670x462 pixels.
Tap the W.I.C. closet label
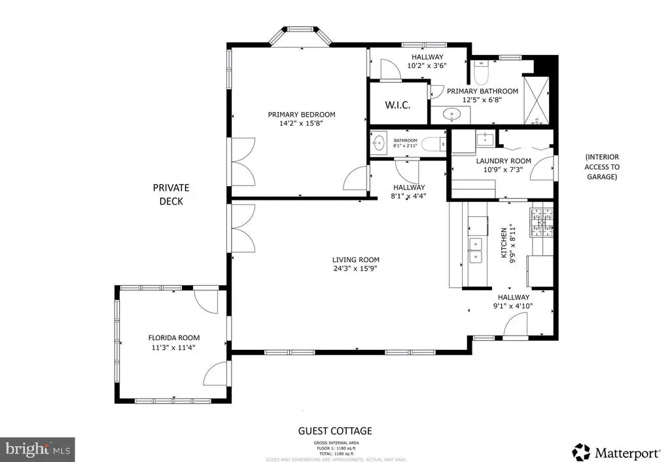coord(397,104)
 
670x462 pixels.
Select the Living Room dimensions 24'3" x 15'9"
coord(355,268)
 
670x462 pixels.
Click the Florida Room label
coord(173,338)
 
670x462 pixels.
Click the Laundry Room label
coord(503,161)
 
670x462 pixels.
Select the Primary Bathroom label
coord(482,91)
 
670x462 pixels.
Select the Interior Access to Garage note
coord(601,166)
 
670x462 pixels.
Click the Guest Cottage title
coord(335,431)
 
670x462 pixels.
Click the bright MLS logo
coord(37,450)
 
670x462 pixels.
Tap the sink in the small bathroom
coord(379,142)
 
